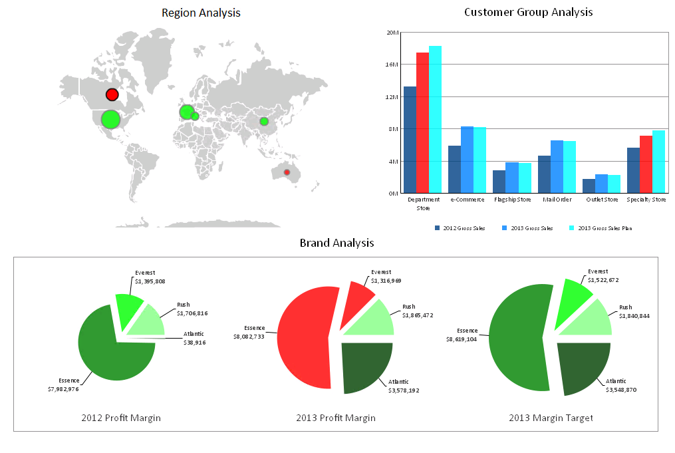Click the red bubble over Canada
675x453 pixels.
[112, 94]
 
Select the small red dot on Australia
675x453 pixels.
[287, 172]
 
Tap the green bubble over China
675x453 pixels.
[264, 121]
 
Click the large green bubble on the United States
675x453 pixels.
[110, 119]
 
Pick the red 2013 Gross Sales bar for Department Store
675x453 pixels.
[422, 122]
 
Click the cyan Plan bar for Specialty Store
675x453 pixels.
[658, 162]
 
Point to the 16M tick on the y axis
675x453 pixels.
[392, 65]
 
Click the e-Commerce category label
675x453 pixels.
[468, 200]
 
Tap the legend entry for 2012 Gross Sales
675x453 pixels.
[460, 228]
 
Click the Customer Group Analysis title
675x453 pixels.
[528, 12]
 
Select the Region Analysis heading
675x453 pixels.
[201, 13]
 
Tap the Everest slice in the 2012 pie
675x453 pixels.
[128, 307]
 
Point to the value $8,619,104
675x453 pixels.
[462, 339]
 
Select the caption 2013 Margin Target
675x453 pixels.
[551, 418]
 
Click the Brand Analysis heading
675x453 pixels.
[337, 243]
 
